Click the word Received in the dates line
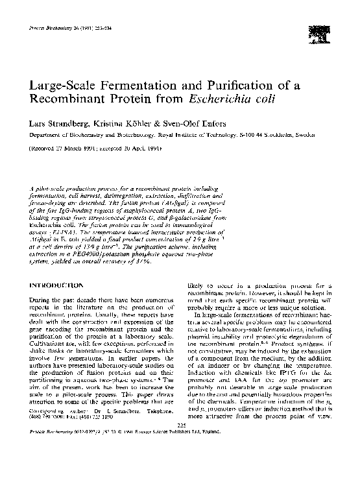coord(42,149)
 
